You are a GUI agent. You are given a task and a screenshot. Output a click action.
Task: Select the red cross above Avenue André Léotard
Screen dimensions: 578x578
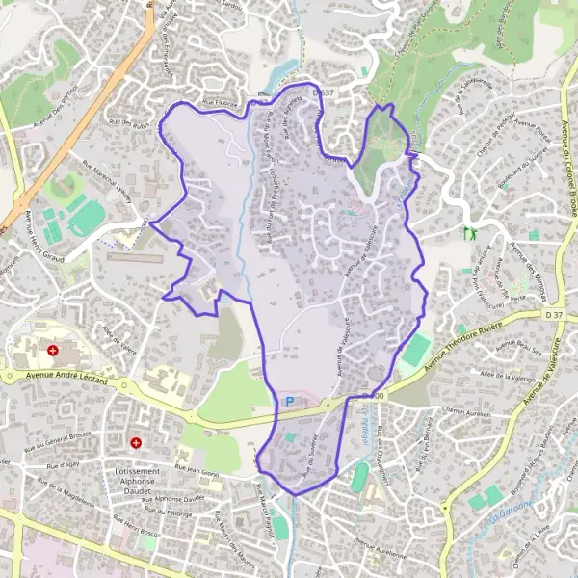[53, 351]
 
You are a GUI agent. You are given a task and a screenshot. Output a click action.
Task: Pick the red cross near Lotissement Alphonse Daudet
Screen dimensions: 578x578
[137, 443]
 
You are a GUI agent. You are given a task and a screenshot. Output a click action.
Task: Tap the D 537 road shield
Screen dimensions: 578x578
[324, 93]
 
